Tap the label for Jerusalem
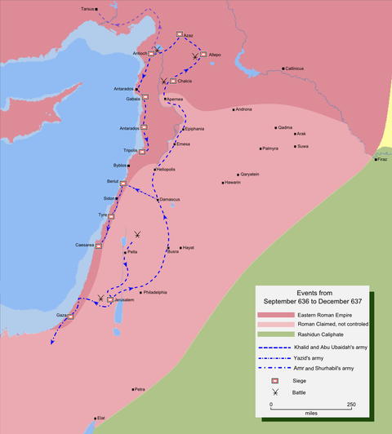pos(123,300)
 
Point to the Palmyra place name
pos(270,148)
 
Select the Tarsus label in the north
pos(87,8)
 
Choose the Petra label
pos(140,390)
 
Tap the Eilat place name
pos(101,418)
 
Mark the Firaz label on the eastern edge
pos(381,159)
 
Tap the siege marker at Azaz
pos(179,33)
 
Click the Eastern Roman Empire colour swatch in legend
pos(274,315)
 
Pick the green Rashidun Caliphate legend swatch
pos(274,335)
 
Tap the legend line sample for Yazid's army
pos(274,358)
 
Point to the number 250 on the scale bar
pos(351,405)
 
